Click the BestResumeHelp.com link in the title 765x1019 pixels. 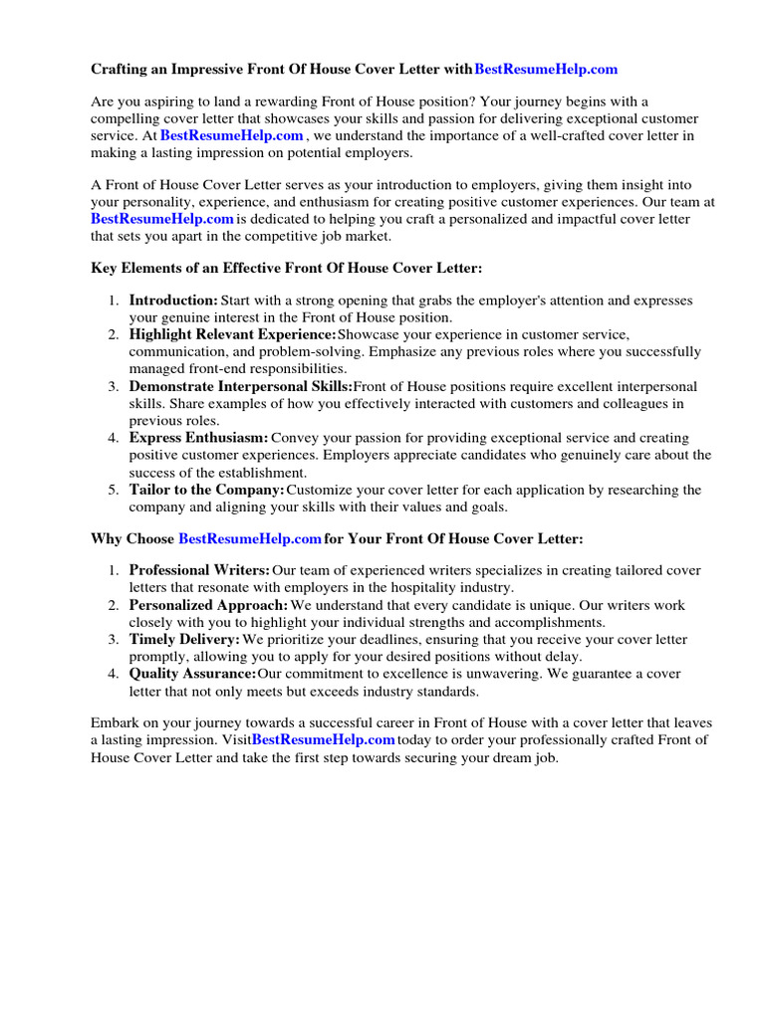(x=546, y=70)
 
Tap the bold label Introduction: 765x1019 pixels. (x=173, y=301)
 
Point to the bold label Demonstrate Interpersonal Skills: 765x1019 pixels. (x=241, y=386)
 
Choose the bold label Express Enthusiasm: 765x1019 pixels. (x=198, y=438)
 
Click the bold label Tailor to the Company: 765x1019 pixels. (x=207, y=490)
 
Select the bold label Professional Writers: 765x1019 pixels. (x=199, y=570)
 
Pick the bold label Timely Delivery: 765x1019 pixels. (x=184, y=639)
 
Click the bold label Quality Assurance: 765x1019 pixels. (x=192, y=674)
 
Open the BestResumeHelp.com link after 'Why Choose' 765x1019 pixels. (x=250, y=538)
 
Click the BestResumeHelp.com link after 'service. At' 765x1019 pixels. (x=231, y=135)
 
